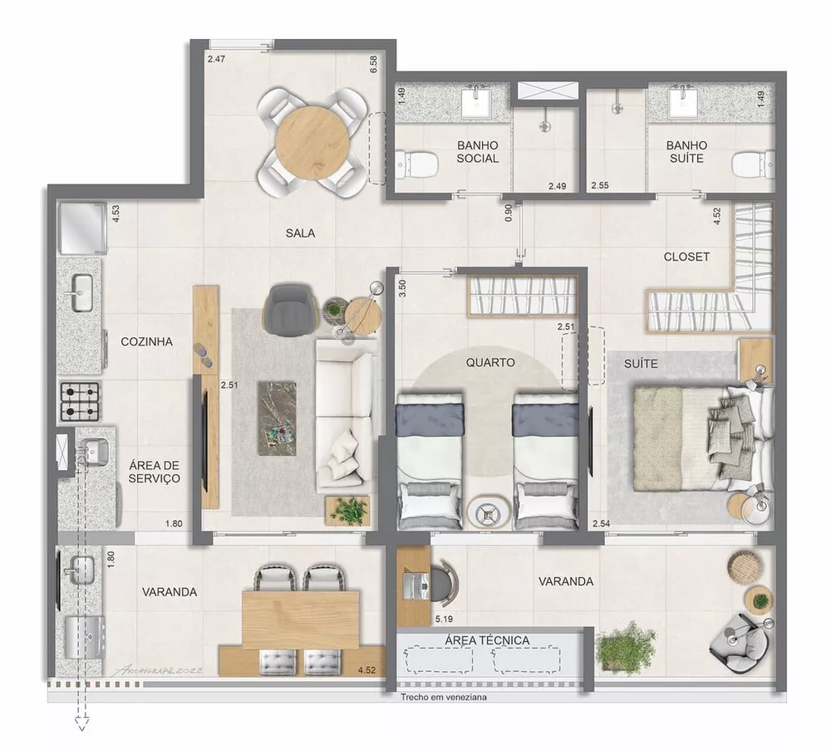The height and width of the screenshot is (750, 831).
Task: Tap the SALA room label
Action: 300,233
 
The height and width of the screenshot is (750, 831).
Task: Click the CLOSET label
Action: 686,257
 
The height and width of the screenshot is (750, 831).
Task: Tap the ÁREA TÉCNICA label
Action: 487,640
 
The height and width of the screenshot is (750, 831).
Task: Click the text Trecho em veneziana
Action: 443,698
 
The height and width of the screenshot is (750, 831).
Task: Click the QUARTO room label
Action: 489,362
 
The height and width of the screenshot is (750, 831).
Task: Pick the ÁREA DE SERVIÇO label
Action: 155,473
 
